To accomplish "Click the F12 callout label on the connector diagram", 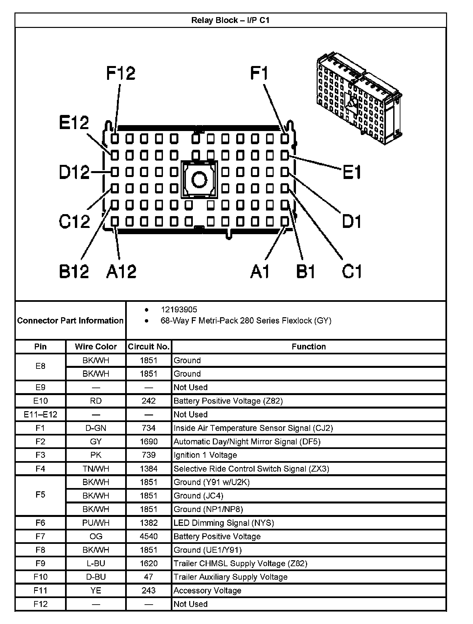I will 121,73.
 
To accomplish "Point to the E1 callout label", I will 352,172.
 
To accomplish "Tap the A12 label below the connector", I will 121,272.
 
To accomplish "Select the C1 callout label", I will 351,272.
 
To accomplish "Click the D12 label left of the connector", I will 74,172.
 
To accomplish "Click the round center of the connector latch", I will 199,180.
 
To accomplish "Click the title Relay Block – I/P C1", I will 230,20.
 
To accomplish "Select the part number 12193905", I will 179,310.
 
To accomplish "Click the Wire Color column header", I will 96,347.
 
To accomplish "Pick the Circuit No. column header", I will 148,347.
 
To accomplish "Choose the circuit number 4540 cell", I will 148,537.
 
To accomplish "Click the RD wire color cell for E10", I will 96,401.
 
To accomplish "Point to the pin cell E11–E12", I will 40,414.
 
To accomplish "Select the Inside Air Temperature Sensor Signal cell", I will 253,428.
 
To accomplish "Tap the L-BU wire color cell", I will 96,564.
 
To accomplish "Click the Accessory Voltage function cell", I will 207,591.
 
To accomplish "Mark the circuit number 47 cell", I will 148,577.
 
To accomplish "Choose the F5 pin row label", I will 40,495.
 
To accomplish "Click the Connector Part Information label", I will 70,321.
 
